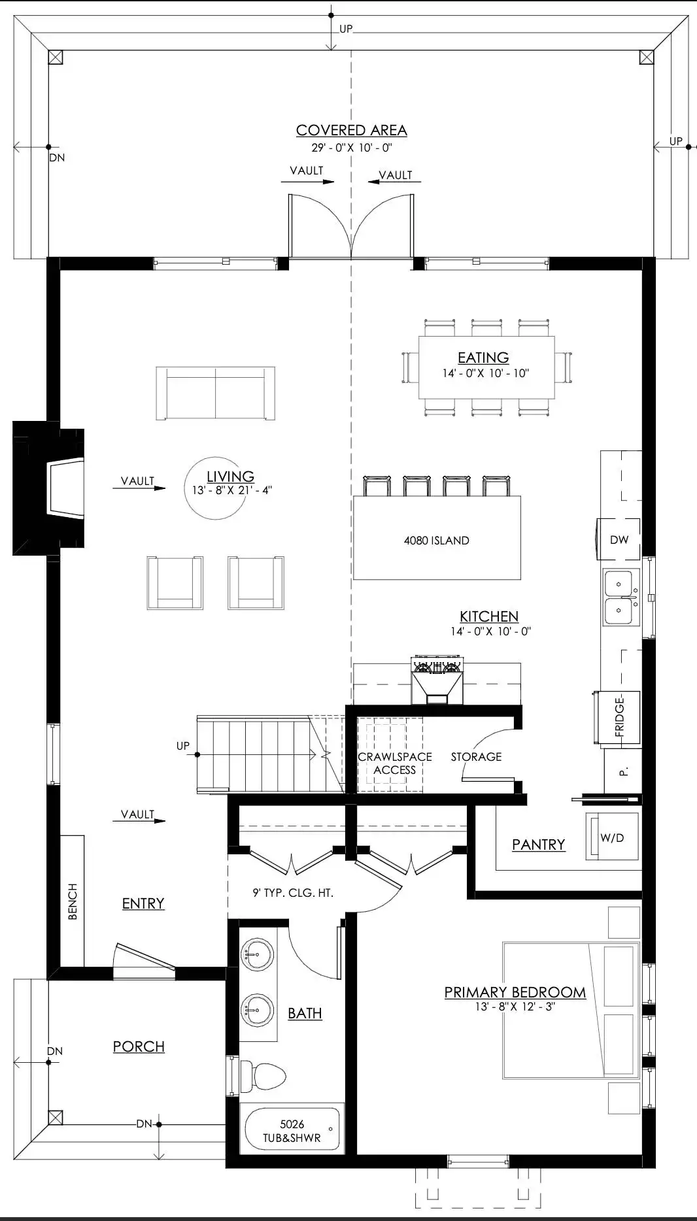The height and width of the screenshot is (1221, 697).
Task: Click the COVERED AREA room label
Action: (352, 130)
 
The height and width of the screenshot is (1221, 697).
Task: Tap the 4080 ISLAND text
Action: (437, 541)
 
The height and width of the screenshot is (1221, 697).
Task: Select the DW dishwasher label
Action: (619, 540)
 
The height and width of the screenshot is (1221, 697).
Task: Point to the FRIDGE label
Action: (619, 717)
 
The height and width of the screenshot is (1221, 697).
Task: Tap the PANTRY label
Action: (538, 845)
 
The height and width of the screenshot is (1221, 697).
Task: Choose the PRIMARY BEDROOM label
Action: (515, 992)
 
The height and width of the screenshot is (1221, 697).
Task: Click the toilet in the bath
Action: (263, 1075)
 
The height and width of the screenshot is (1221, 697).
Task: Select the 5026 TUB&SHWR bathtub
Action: (292, 1130)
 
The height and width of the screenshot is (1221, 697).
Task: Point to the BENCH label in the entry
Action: (73, 901)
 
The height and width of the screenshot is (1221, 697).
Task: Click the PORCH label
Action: (139, 1046)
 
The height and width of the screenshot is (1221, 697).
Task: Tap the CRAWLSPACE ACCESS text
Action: (395, 763)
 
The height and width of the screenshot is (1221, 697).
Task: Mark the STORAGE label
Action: (476, 756)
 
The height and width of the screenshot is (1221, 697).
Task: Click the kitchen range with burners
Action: (437, 680)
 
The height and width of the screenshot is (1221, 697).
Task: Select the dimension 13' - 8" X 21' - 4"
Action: (232, 490)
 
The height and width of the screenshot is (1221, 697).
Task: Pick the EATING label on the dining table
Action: (483, 358)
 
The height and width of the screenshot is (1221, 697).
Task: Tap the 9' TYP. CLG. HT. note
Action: (293, 892)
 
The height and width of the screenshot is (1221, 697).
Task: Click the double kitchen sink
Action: (619, 597)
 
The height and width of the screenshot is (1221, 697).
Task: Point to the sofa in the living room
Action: (215, 393)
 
